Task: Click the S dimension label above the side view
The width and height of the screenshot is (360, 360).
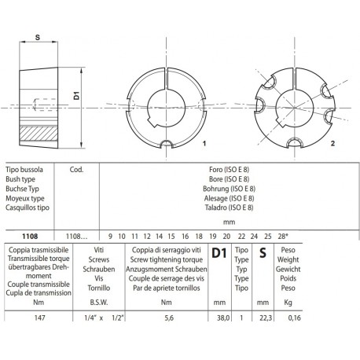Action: pyautogui.click(x=39, y=35)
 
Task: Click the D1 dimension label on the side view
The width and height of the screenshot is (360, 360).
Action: pyautogui.click(x=76, y=94)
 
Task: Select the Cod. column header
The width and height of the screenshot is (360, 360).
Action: pyautogui.click(x=77, y=168)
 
